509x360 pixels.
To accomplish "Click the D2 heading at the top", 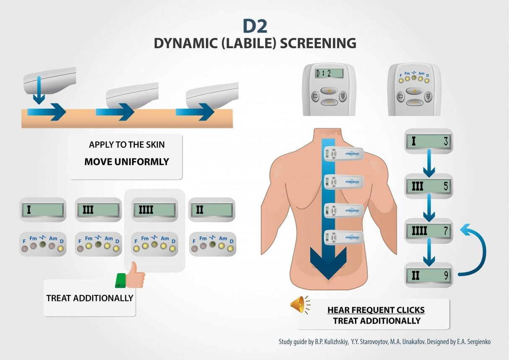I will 254,26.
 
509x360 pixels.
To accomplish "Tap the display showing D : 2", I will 329,73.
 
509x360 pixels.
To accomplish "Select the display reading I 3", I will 428,141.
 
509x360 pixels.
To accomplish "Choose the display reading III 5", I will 428,186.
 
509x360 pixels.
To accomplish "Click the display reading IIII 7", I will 428,231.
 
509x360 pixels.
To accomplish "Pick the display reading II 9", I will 428,275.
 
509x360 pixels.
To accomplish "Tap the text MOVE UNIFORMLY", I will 127,162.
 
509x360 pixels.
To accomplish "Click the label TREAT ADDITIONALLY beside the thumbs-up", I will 90,298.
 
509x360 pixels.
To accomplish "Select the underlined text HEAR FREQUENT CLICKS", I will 376,310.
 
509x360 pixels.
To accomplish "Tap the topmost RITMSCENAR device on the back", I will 343,154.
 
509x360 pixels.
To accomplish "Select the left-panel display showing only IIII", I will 154,210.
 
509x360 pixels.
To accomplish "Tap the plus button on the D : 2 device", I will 329,91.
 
